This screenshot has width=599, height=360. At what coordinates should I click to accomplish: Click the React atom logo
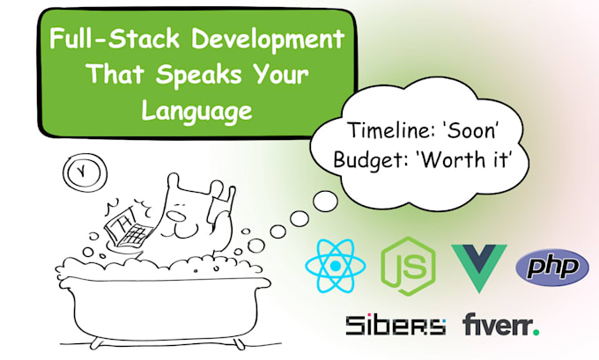[x=336, y=266]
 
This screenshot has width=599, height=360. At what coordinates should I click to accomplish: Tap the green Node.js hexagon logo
[x=408, y=266]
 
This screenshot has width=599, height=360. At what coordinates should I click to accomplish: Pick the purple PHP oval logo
[x=552, y=268]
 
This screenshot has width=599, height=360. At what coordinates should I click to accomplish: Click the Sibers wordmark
[x=396, y=326]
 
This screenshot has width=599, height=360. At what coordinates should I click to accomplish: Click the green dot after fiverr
[x=536, y=332]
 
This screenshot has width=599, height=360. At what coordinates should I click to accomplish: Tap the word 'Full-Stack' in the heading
[x=115, y=39]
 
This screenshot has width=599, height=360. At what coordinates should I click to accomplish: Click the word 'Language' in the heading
[x=197, y=111]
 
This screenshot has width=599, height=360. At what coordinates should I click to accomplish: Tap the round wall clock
[x=85, y=173]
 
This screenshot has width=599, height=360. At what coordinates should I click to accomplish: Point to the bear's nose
[x=175, y=217]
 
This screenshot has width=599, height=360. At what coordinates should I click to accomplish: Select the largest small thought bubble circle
[x=325, y=201]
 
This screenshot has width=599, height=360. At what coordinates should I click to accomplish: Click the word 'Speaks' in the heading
[x=199, y=76]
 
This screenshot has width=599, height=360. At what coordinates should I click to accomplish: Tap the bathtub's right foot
[x=238, y=343]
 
